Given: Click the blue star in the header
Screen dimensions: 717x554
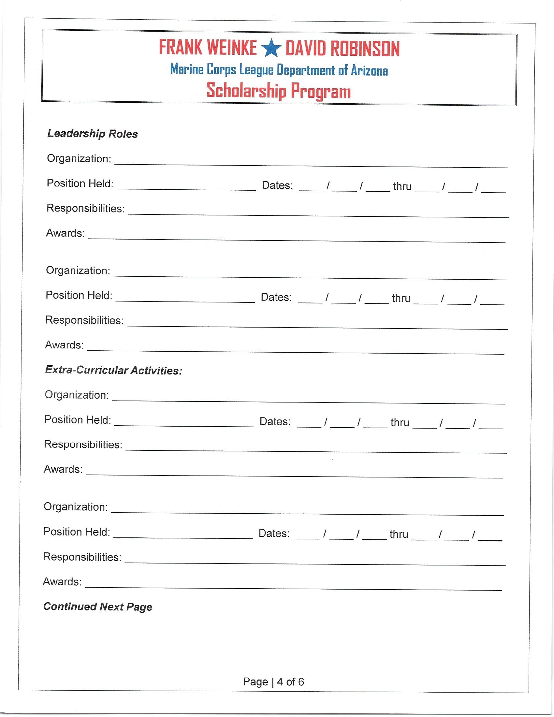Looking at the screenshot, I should coord(271,48).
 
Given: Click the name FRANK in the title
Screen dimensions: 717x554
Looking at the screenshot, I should coord(180,48).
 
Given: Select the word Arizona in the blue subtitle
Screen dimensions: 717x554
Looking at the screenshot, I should coord(369,70).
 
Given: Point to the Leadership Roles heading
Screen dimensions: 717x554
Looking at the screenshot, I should coord(93,134).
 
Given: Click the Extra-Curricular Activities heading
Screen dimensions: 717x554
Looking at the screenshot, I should coord(113,370).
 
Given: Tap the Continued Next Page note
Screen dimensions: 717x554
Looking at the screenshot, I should coord(98,607).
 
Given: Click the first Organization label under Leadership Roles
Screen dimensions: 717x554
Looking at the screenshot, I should coord(79,159).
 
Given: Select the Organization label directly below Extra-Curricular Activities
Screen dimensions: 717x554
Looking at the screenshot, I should coord(77,395).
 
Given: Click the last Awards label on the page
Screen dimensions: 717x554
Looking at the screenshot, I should coord(62,582).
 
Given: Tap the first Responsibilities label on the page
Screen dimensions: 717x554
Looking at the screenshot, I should coord(85,208).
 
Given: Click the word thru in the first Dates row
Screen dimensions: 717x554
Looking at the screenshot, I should coord(402,186).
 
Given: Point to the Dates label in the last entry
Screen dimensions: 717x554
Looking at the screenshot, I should coord(274,533).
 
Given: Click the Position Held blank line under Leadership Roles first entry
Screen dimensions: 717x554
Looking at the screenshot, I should coord(186,187).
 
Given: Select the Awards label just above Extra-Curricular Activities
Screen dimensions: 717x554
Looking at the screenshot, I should coord(64,345).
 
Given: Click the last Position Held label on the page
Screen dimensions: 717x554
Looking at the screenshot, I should coord(77,532).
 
